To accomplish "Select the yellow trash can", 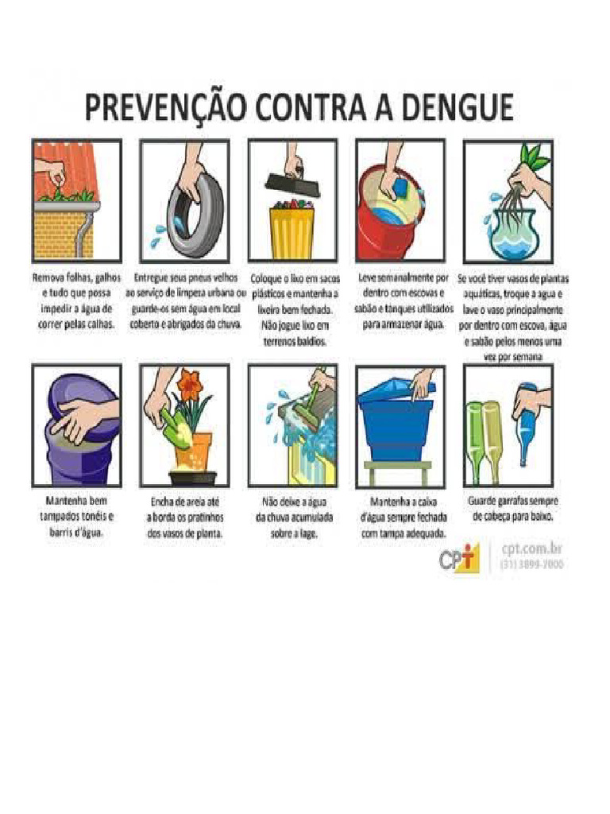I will click(x=291, y=232).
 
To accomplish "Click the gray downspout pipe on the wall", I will click(x=83, y=231).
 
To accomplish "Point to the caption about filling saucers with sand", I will click(x=184, y=517).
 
